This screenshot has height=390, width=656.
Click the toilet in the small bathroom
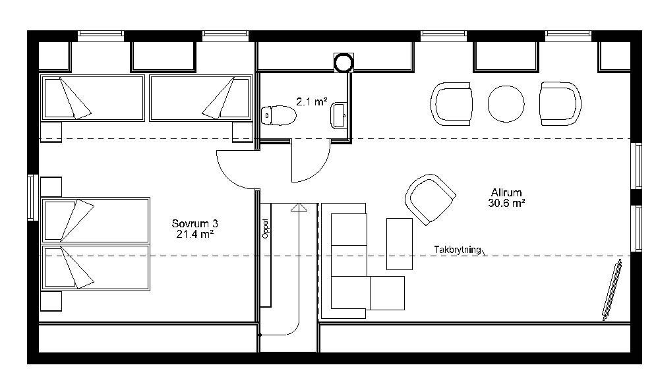[x=278, y=115]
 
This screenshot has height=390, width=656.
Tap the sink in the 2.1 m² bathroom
[x=338, y=116]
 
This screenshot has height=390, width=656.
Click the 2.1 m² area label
[x=312, y=101]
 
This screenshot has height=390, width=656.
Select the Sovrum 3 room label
[x=195, y=223]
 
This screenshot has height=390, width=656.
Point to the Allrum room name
[x=506, y=193]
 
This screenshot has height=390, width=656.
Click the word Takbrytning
[x=458, y=250]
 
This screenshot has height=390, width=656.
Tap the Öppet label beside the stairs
[x=266, y=229]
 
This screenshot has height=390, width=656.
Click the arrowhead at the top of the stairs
[x=299, y=207]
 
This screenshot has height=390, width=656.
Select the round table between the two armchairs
[x=506, y=104]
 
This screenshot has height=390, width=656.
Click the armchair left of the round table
[x=452, y=104]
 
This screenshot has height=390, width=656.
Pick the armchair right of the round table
[x=560, y=103]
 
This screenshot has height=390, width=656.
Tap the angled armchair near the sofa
[x=430, y=199]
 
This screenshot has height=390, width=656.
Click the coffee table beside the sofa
[x=399, y=244]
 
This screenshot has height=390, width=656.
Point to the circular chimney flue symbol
[x=343, y=63]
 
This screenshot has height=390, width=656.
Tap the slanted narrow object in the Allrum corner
[x=612, y=290]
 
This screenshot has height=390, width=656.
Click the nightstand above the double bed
[x=51, y=187]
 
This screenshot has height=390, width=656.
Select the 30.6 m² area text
[x=506, y=203]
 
